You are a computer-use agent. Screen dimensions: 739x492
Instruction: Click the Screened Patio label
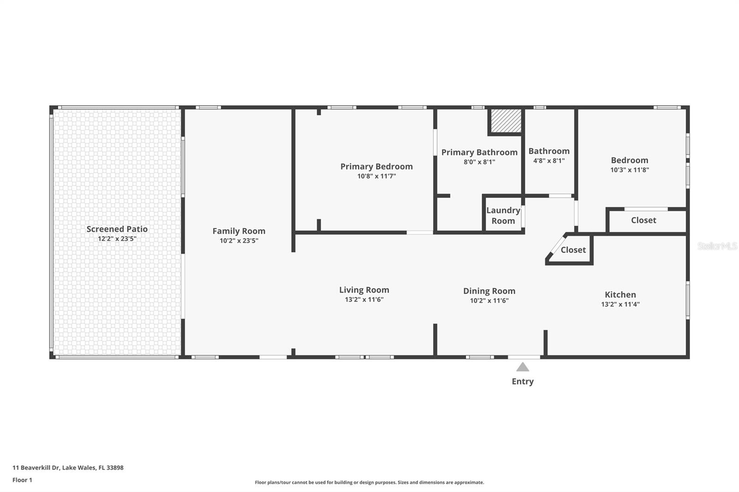117,229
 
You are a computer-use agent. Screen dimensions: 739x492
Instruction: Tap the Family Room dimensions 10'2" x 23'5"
239,241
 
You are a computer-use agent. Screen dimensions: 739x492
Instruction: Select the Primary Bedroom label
376,167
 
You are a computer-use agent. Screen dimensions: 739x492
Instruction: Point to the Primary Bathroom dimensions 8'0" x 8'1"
479,162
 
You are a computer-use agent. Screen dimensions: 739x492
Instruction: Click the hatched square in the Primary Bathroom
506,121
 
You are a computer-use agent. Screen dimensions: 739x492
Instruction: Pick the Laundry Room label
503,216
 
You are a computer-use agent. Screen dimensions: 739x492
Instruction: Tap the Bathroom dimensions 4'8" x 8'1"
549,161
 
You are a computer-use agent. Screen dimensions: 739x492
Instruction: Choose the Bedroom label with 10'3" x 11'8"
630,160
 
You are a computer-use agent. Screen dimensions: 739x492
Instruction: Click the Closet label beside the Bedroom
643,220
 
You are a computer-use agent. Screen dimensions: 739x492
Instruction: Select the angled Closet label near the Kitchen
573,250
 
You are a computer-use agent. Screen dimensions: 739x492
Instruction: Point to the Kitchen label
620,294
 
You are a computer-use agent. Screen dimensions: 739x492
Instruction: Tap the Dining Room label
489,291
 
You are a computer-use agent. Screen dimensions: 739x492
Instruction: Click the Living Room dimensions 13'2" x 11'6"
364,300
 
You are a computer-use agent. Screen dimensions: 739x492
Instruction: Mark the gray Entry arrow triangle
522,367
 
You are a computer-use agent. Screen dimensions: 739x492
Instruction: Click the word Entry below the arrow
522,382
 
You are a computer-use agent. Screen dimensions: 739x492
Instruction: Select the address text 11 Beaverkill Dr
36,468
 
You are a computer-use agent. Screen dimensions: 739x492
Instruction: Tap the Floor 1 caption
23,480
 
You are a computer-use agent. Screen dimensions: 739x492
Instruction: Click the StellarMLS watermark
717,246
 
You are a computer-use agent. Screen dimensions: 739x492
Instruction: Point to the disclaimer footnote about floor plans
369,482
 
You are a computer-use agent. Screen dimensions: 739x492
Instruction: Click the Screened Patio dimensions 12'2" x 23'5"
117,239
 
